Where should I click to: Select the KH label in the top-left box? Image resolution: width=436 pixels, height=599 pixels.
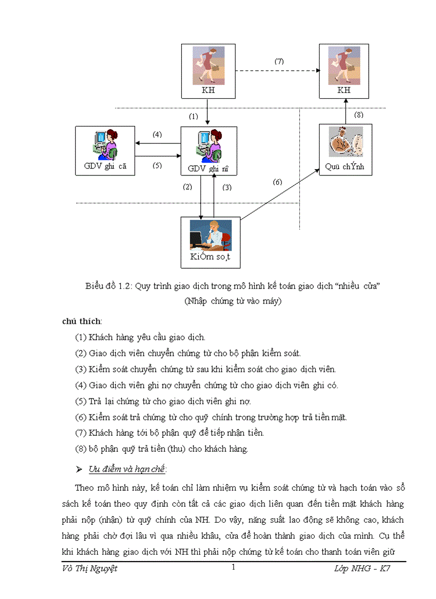[208, 91]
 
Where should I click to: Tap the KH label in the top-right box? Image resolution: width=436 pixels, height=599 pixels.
[345, 90]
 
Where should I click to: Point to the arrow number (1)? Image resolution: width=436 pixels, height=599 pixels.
[193, 115]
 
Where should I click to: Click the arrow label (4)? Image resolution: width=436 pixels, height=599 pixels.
[157, 134]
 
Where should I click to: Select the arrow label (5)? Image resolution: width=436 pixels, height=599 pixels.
[157, 165]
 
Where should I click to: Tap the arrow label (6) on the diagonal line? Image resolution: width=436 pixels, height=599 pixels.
[277, 182]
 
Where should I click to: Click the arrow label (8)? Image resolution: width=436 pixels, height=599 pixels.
[359, 114]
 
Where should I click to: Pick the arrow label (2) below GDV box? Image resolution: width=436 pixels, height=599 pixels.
[187, 187]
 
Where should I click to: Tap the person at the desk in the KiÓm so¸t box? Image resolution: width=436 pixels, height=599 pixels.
[210, 235]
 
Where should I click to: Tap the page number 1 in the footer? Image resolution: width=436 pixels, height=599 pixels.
[233, 568]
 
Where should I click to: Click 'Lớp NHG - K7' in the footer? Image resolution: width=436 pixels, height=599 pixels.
[362, 569]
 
